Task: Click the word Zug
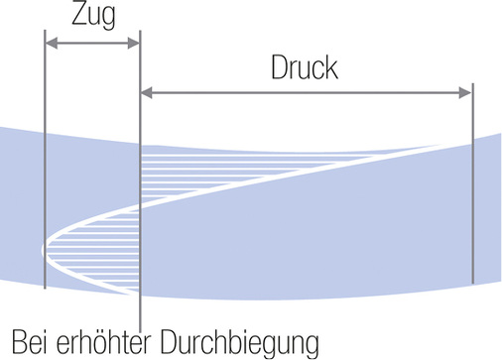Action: point(93,16)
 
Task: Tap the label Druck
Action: point(305,68)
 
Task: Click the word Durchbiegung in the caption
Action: point(243,342)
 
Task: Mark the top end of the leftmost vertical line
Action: point(46,30)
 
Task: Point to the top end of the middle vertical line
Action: point(141,30)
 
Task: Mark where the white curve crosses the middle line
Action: point(141,205)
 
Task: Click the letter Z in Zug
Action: point(77,16)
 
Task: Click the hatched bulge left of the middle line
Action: point(94,248)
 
